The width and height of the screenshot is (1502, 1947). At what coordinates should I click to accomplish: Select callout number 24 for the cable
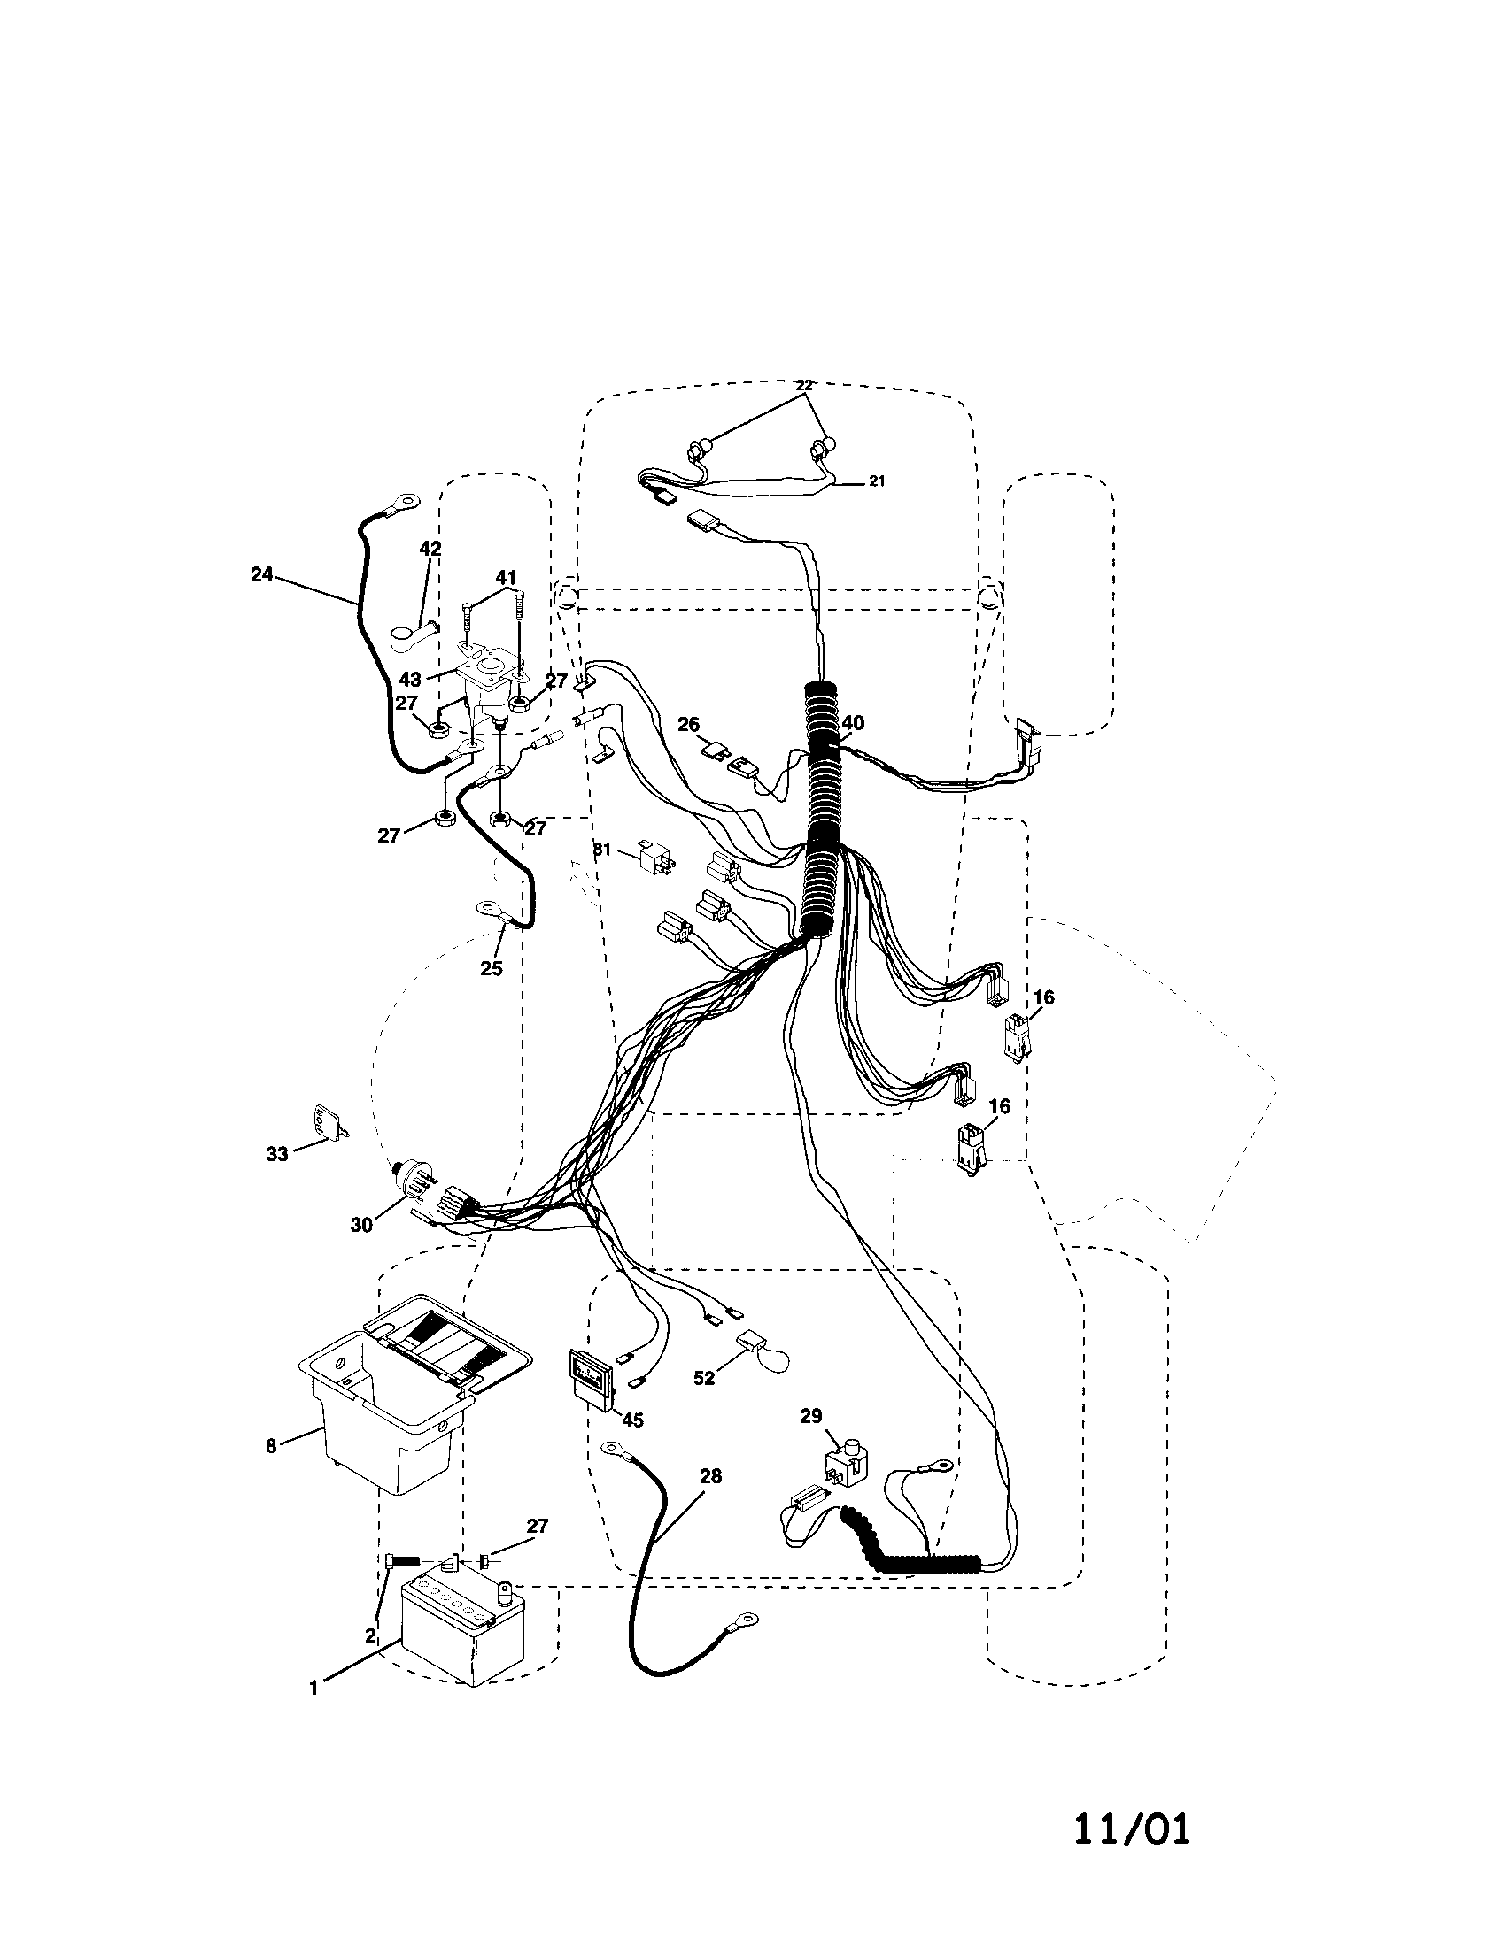click(261, 575)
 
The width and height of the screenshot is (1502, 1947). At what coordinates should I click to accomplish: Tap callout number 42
click(430, 549)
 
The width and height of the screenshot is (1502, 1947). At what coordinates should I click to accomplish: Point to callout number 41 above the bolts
click(506, 578)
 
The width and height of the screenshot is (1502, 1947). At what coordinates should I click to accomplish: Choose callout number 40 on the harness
click(853, 723)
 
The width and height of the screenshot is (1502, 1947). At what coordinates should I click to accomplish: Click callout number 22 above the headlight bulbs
click(803, 385)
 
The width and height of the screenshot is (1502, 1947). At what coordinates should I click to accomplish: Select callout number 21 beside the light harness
click(877, 481)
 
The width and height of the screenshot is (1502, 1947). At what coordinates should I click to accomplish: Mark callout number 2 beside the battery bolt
click(370, 1635)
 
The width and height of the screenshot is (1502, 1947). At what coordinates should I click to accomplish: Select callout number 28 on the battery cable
click(710, 1476)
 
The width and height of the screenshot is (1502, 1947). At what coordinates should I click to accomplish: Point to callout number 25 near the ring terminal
click(492, 969)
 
